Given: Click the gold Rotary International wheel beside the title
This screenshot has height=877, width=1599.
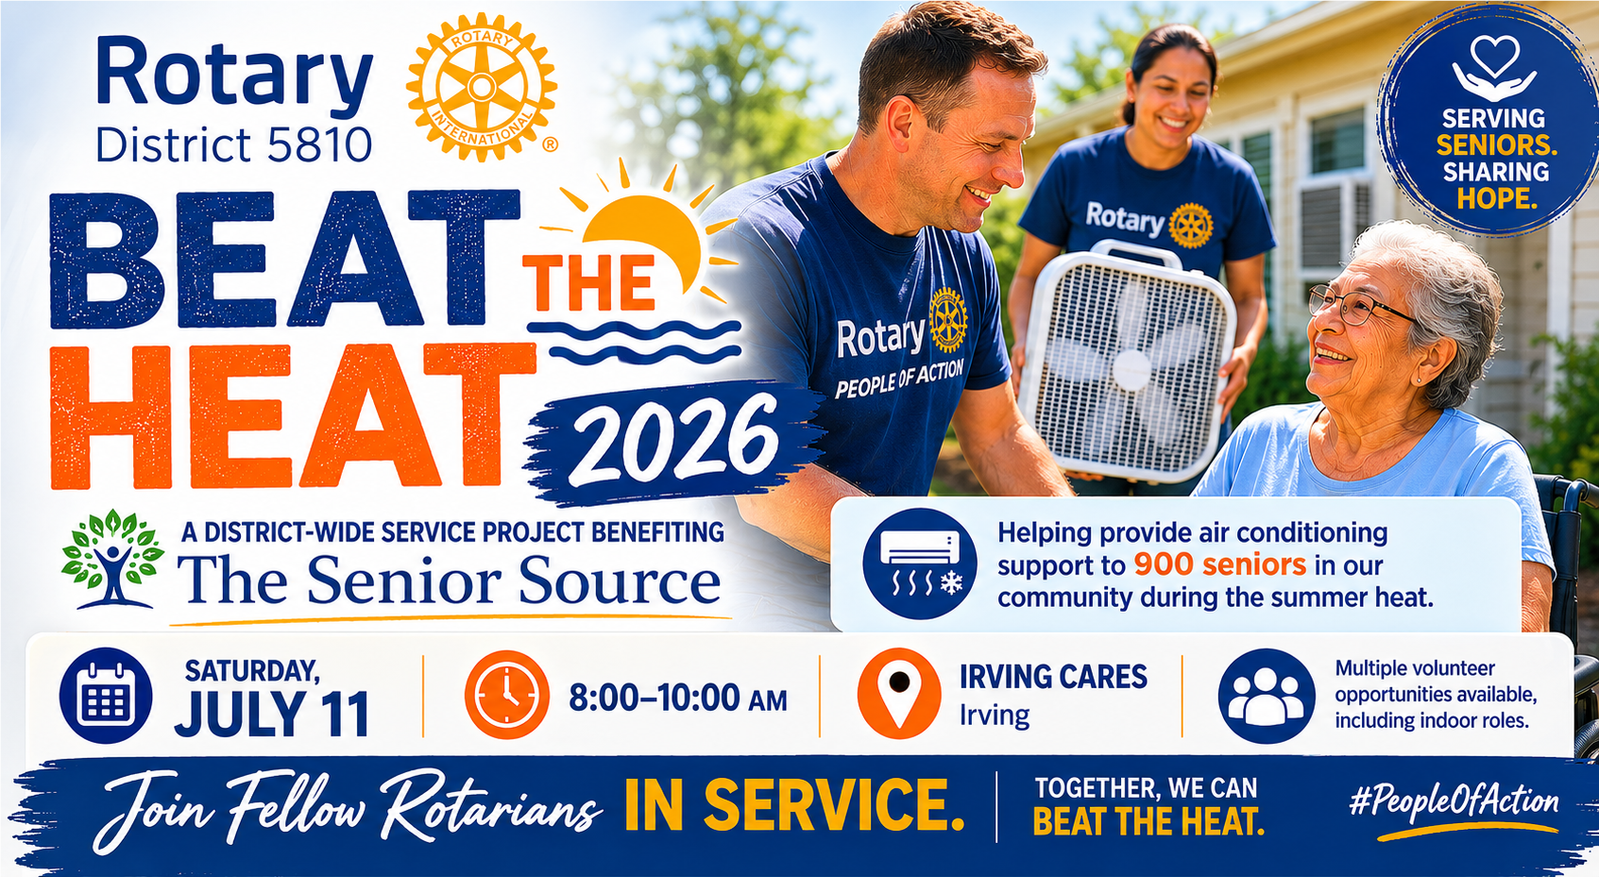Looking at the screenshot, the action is [482, 87].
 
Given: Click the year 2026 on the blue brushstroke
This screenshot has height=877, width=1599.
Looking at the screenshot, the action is [674, 439].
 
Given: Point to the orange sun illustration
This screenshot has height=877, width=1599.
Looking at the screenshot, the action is [642, 235].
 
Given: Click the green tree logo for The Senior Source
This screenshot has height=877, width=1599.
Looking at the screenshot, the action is [112, 560].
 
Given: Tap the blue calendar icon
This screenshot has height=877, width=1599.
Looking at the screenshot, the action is [106, 695].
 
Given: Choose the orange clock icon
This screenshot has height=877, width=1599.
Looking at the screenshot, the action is [507, 695].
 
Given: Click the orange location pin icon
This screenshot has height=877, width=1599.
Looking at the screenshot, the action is [899, 692].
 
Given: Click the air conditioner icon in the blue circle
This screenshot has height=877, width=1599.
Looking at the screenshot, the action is [919, 564].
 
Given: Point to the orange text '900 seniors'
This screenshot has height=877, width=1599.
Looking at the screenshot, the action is [1220, 565].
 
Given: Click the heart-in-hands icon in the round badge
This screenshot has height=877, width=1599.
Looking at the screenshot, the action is [1494, 68].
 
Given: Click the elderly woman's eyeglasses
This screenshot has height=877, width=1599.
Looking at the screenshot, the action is [1360, 306].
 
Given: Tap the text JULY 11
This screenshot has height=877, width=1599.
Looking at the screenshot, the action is [272, 714].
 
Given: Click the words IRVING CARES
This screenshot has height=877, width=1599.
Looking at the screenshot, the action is [1053, 677].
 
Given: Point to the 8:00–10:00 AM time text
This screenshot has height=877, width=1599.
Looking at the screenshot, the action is [677, 699].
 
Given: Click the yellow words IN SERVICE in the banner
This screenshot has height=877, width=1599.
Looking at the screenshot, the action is [794, 805].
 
